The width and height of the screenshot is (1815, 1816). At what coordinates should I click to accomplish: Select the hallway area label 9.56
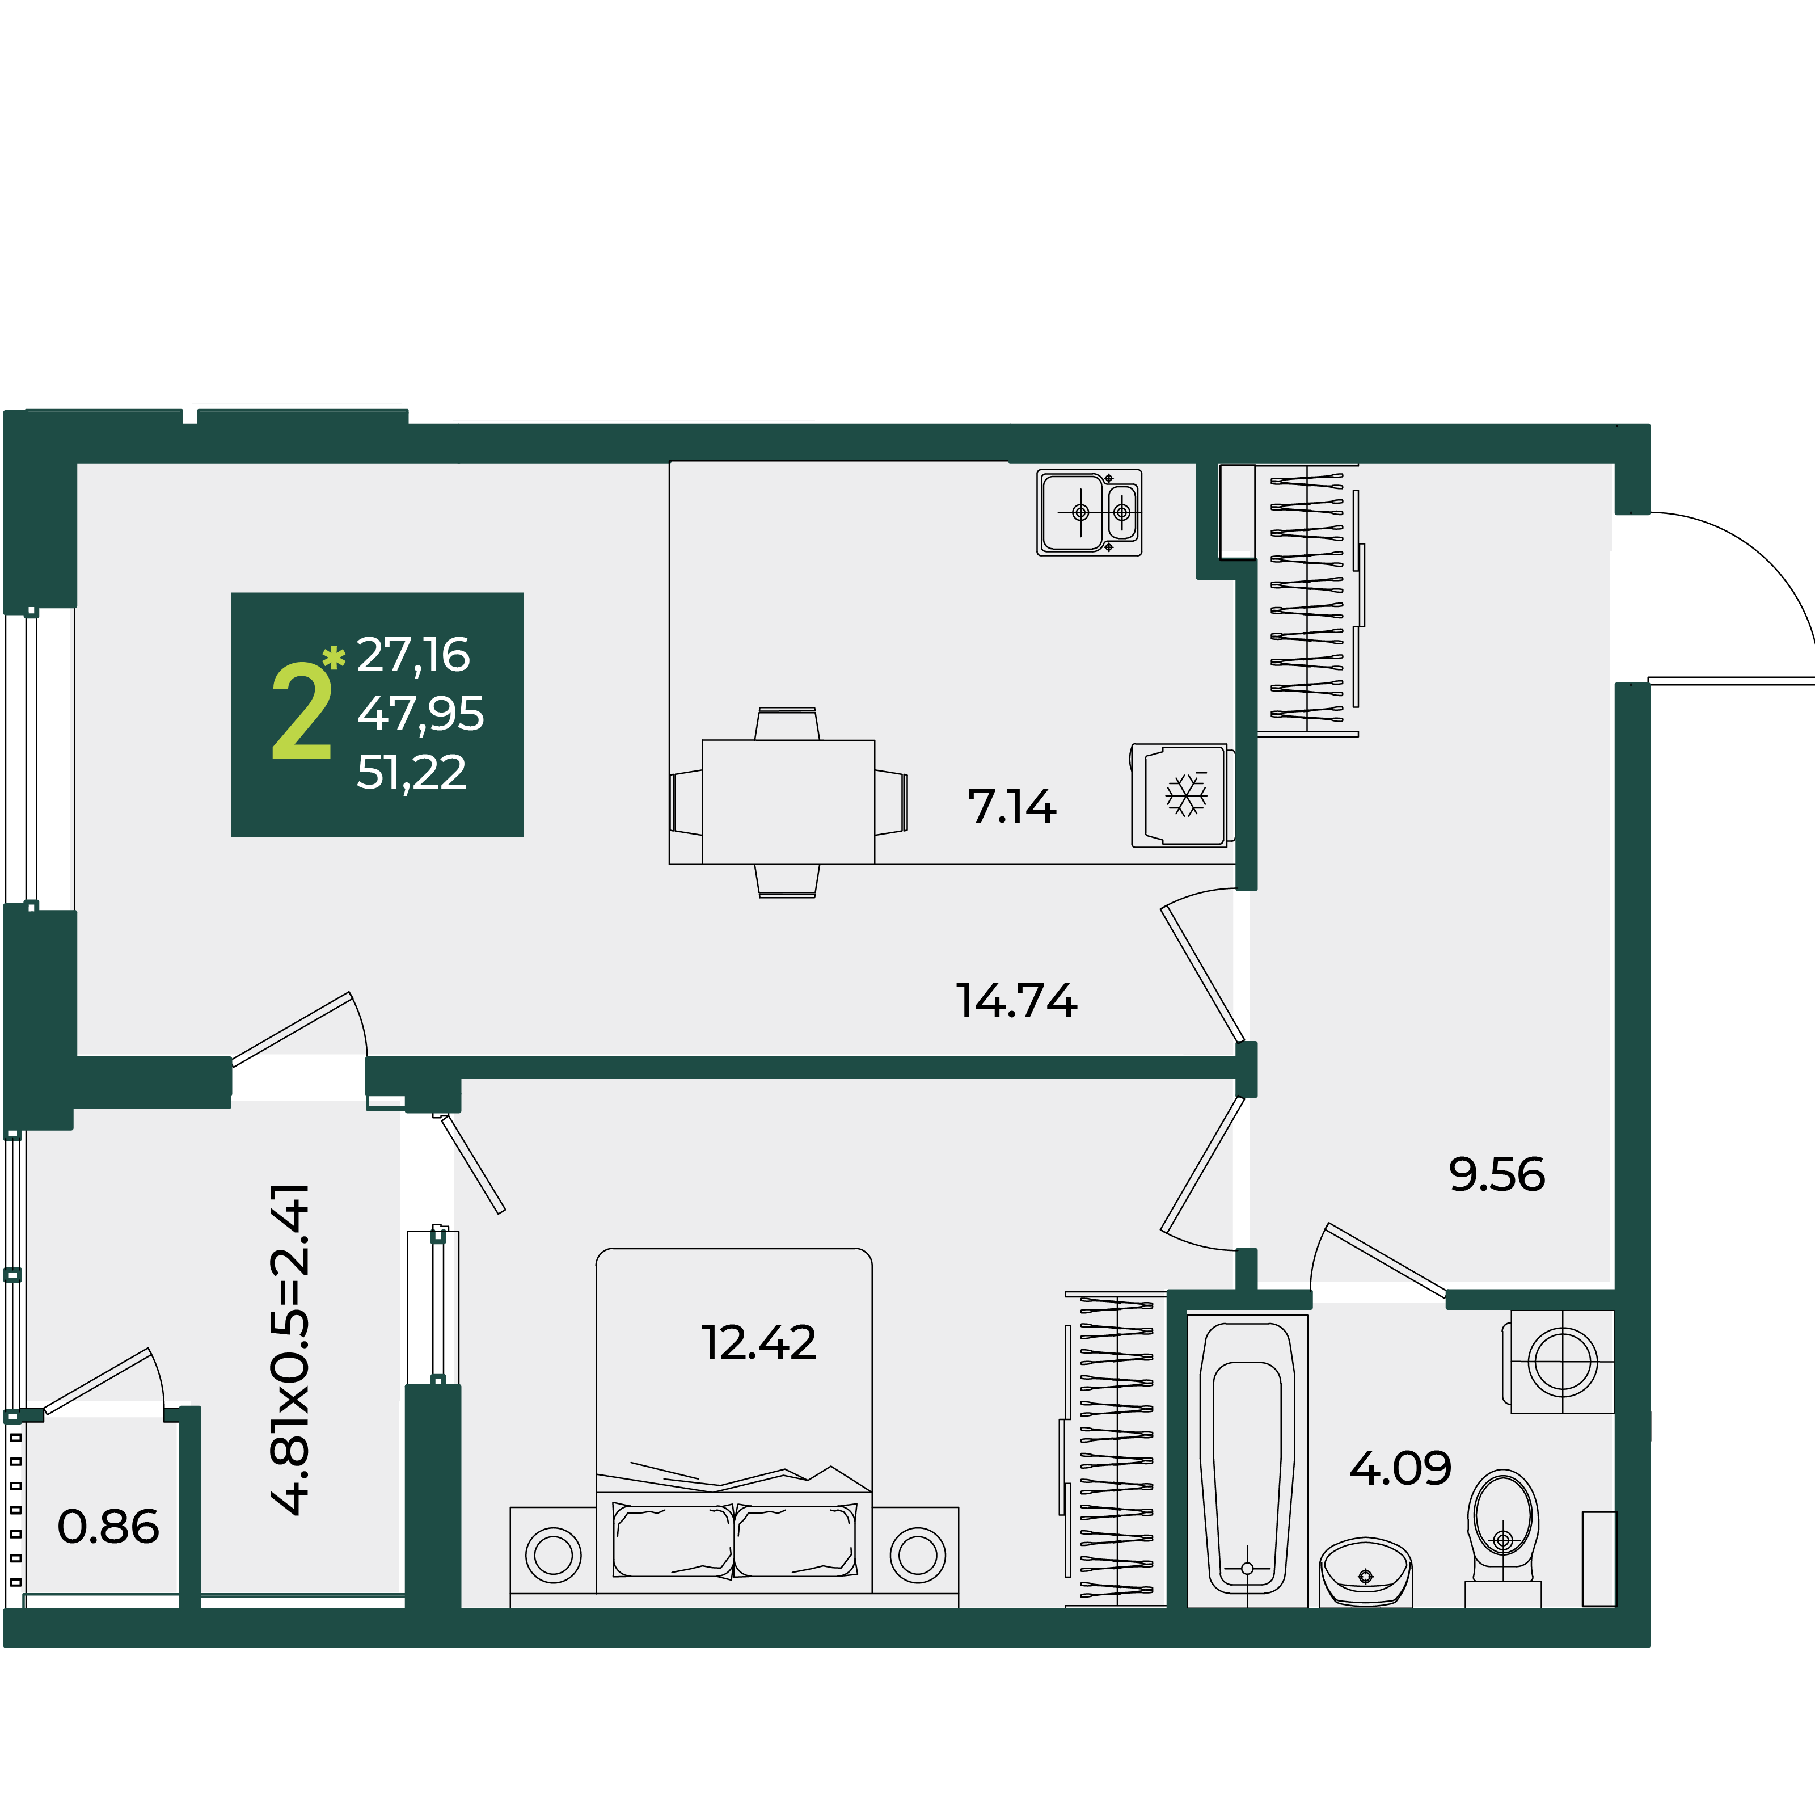click(x=1497, y=1175)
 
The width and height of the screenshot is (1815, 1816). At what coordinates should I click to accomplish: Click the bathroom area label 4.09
click(x=1400, y=1468)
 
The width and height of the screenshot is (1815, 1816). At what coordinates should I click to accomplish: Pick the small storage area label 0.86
click(x=108, y=1527)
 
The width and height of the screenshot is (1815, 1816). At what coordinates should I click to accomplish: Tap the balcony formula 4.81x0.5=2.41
click(x=289, y=1350)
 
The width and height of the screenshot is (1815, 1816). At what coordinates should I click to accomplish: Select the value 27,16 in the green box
click(x=413, y=656)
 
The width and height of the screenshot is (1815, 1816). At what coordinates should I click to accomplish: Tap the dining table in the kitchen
click(x=788, y=802)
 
